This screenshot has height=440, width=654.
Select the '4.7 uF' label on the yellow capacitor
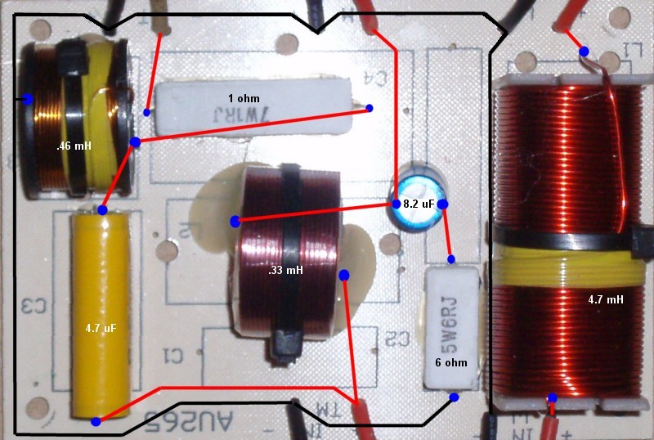(101, 328)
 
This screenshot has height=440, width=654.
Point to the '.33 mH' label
(287, 269)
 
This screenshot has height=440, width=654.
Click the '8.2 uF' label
(418, 204)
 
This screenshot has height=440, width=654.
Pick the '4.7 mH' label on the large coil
(605, 300)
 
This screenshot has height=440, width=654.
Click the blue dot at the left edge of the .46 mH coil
(27, 99)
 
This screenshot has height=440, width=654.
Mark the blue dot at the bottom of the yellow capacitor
(96, 422)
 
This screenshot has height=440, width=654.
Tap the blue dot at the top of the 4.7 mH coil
(585, 52)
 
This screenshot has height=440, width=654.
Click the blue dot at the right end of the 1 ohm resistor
(369, 108)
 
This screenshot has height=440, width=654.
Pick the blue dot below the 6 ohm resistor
(454, 397)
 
